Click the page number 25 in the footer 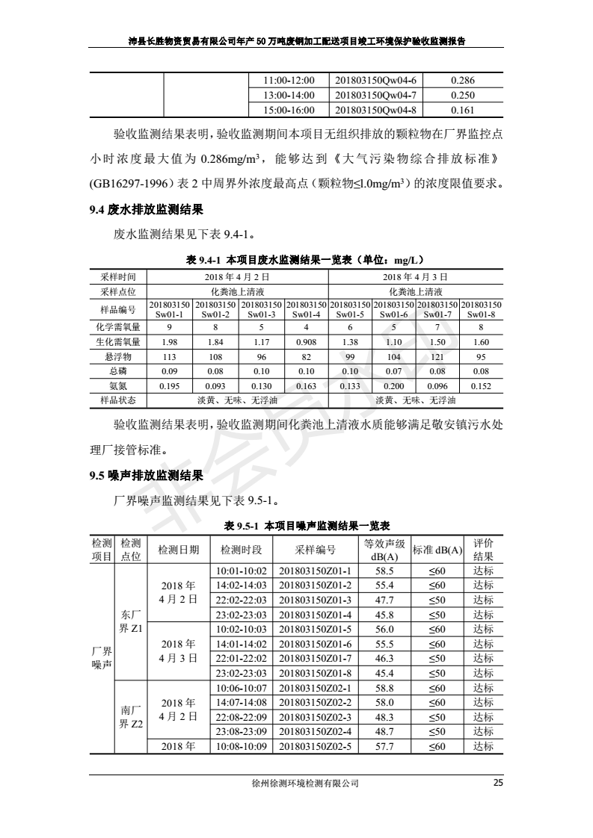tap(498, 783)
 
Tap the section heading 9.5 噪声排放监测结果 tap(146, 474)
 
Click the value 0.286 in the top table tap(464, 81)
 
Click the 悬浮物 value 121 tap(437, 357)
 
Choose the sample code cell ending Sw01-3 tap(261, 310)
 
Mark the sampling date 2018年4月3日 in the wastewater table tap(415, 276)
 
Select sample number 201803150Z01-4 tap(315, 615)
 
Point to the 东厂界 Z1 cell tap(131, 621)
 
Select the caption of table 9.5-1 tap(297, 526)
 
